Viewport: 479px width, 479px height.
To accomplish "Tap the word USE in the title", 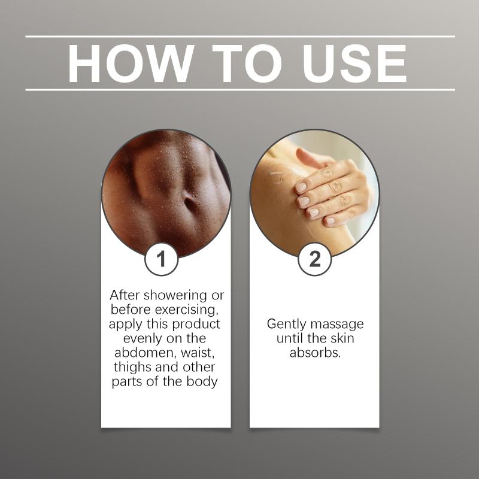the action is pyautogui.click(x=354, y=63).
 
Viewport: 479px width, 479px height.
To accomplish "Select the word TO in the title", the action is pyautogui.click(x=247, y=63).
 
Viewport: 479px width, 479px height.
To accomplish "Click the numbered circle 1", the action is pyautogui.click(x=161, y=259).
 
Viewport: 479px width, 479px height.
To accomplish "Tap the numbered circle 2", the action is pyautogui.click(x=315, y=259).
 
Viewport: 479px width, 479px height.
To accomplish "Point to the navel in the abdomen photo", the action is pyautogui.click(x=189, y=203).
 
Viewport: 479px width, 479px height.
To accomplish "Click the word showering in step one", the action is pyautogui.click(x=175, y=296).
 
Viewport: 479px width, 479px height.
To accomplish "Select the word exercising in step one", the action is pyautogui.click(x=187, y=310).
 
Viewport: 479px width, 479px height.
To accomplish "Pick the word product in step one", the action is pyautogui.click(x=196, y=325).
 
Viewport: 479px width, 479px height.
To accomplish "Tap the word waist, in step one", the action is pyautogui.click(x=198, y=353).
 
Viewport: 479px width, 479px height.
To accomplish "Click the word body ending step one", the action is pyautogui.click(x=202, y=382).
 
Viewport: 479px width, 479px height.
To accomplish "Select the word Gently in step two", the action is pyautogui.click(x=286, y=325).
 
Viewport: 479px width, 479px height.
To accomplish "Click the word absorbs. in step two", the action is pyautogui.click(x=315, y=353).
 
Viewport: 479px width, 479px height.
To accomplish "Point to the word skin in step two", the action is pyautogui.click(x=342, y=338).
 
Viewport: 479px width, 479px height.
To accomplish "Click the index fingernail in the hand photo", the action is pyautogui.click(x=301, y=187).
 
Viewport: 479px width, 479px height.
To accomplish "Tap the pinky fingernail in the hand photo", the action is pyautogui.click(x=330, y=220).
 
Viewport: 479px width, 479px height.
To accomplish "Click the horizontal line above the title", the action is pyautogui.click(x=240, y=37).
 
